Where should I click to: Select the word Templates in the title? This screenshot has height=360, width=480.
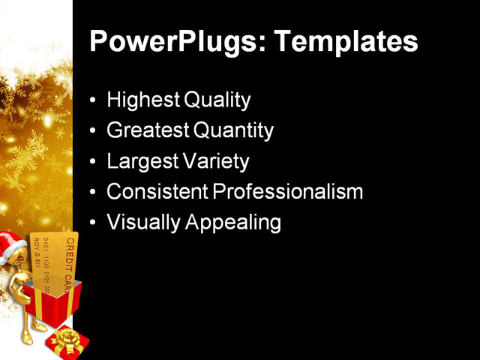point(348,42)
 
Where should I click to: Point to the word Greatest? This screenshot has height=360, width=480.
point(148,130)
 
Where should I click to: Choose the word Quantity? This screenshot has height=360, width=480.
point(233,130)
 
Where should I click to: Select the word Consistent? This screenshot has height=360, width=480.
point(157,192)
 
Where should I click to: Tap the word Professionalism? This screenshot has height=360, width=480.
point(288,192)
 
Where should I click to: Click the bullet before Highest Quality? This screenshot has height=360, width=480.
point(93,100)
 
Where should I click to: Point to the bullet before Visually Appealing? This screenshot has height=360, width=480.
point(93,223)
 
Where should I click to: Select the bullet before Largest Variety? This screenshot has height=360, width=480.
point(93,162)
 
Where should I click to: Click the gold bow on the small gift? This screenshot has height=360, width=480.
point(66,338)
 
